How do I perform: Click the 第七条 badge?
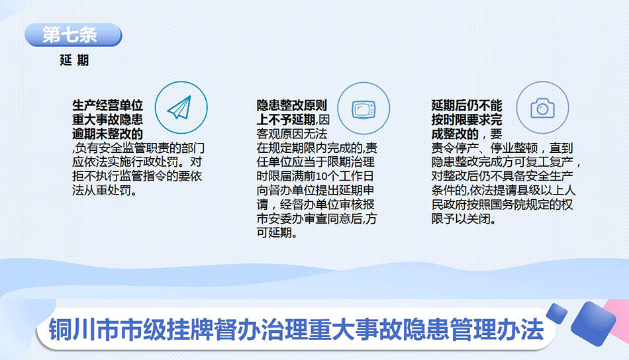[73, 35]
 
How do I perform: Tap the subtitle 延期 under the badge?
[74, 60]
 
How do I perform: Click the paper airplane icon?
[180, 107]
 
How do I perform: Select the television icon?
[363, 109]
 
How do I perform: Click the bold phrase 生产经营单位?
[107, 105]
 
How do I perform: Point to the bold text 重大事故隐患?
[107, 120]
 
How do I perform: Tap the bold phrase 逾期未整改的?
[107, 134]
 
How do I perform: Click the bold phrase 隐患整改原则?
[292, 105]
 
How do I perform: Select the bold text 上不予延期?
[286, 120]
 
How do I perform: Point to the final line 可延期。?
[277, 232]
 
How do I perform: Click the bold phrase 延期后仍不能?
[467, 105]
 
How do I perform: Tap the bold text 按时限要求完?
[467, 120]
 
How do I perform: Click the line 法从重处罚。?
[105, 190]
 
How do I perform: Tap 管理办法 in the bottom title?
[497, 330]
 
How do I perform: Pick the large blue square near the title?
[593, 324]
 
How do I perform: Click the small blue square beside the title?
[557, 313]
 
